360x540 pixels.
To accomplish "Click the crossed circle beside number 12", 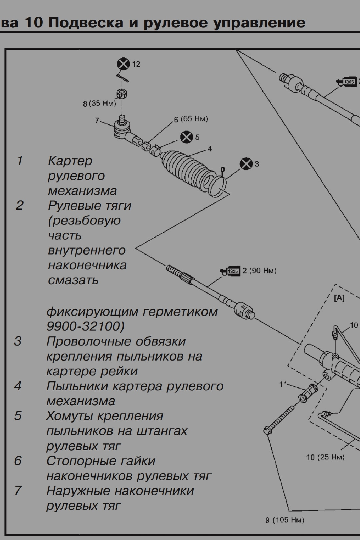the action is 123,64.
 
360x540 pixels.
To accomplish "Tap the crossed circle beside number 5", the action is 187,137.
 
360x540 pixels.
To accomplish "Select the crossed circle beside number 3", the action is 246,164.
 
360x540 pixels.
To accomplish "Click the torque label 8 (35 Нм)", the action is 99,104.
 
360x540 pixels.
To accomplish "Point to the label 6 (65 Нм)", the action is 191,119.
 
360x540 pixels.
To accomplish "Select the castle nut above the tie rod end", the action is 122,93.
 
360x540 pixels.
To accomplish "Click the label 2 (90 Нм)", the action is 259,271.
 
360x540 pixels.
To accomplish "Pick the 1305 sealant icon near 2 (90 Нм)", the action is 230,272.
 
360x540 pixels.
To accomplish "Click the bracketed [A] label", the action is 339,298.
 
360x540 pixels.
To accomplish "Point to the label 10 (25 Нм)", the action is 325,457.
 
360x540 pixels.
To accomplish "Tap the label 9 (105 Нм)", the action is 285,520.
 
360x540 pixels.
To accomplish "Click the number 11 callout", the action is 283,384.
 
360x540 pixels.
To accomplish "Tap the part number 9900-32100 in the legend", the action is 85,327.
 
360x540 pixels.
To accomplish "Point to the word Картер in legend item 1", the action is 70,161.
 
